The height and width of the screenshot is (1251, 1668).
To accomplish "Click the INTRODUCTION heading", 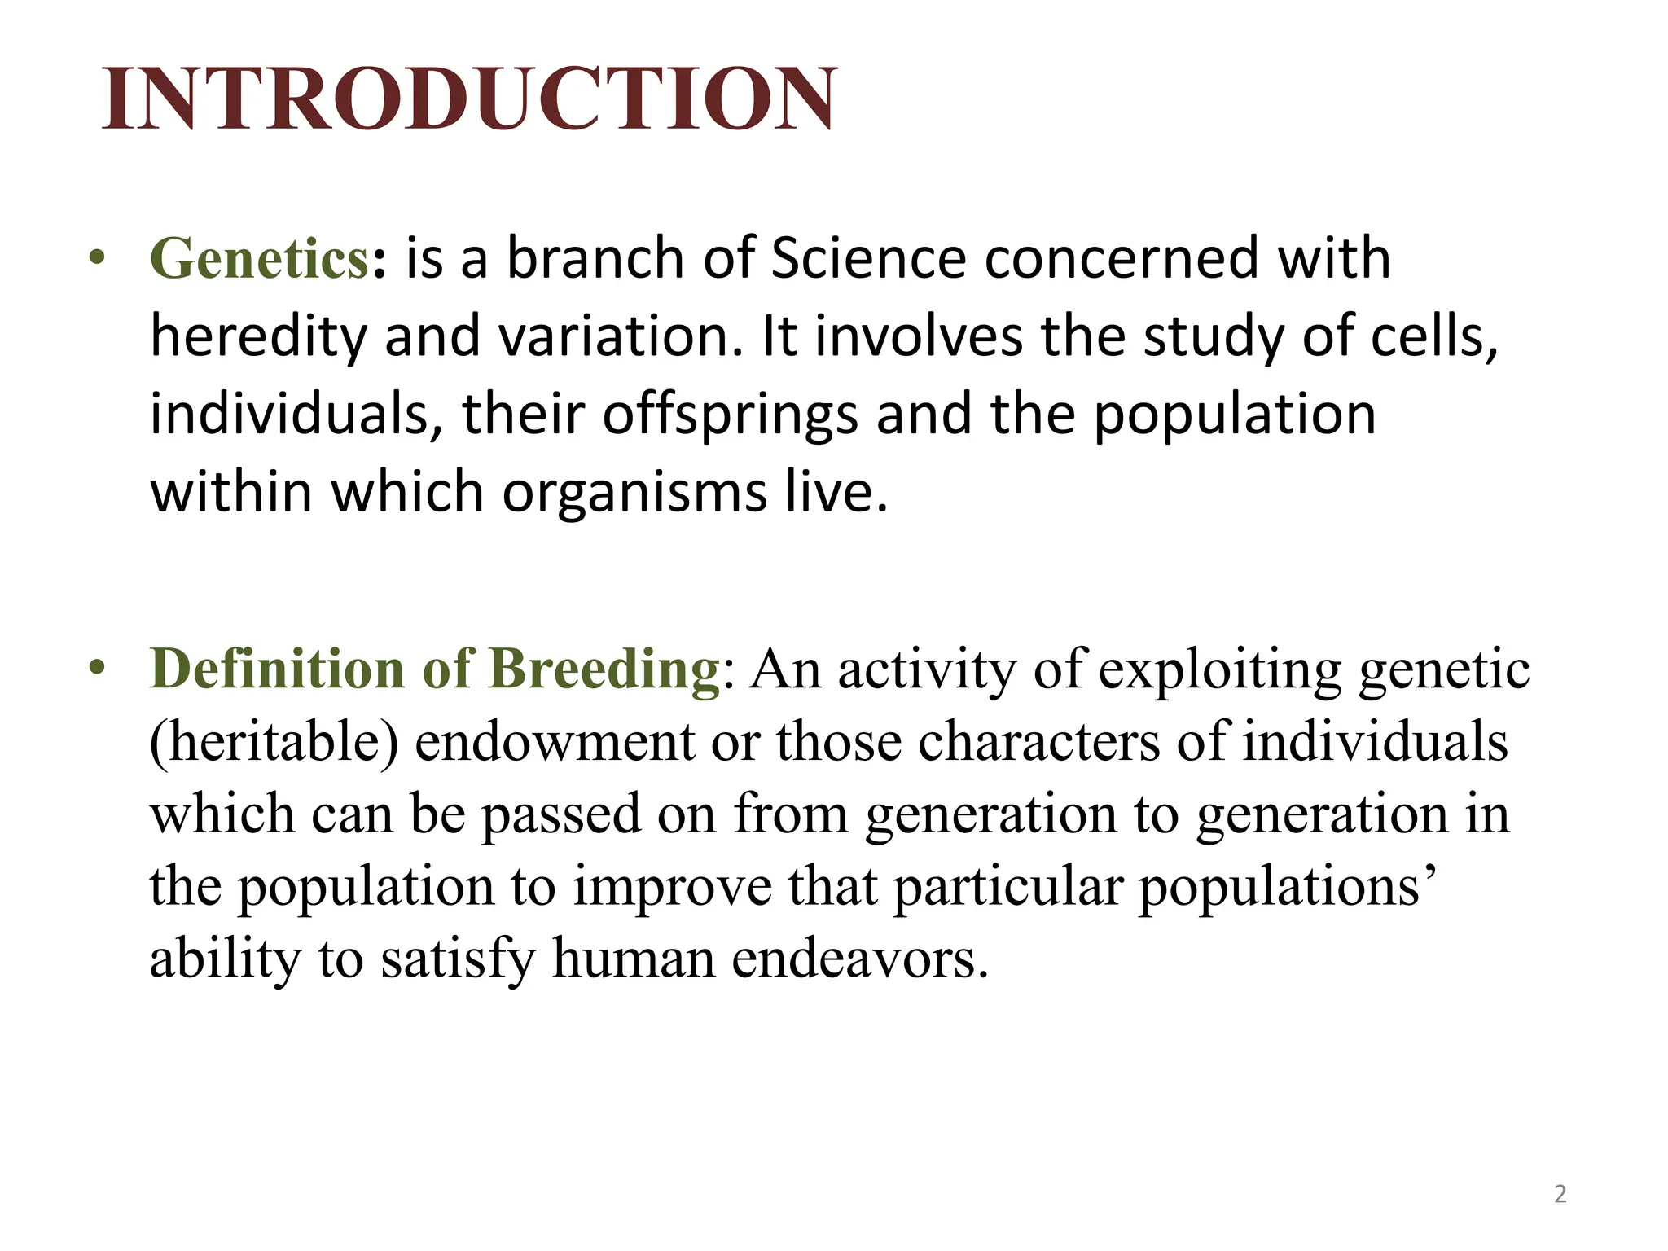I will [469, 99].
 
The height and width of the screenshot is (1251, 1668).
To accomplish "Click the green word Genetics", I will [260, 258].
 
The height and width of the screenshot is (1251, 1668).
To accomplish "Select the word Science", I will [867, 258].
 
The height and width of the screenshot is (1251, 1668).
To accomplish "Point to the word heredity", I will [258, 336].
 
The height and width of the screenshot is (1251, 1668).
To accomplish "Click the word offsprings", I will [730, 415].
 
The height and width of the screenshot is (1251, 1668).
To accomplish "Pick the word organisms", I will [634, 492].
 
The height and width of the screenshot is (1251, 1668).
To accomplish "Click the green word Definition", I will [277, 669].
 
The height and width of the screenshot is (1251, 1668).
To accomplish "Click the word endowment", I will [555, 742].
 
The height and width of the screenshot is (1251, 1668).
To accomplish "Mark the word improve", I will [672, 886].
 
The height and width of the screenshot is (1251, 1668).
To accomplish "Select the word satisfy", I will [458, 959].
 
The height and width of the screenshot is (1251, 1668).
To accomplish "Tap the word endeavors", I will [860, 959].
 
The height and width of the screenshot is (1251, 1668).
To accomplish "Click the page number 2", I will [1560, 1194].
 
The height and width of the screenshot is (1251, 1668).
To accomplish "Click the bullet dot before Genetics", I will [98, 258].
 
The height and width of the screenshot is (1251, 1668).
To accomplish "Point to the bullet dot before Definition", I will [98, 668].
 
